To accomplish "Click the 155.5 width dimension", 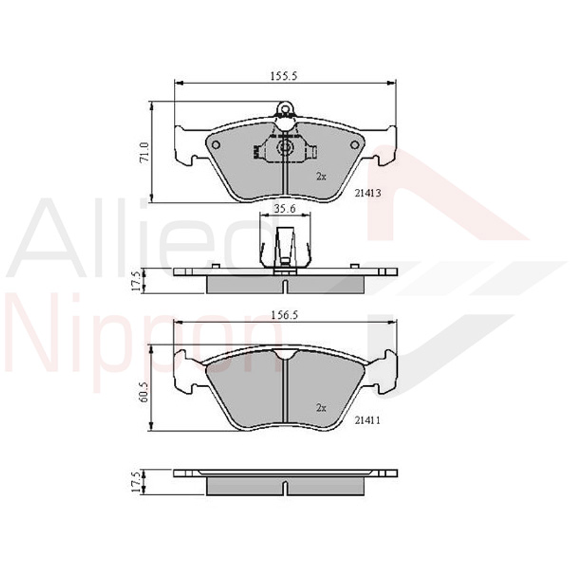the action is [x=284, y=76].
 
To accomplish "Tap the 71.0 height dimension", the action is [x=144, y=152].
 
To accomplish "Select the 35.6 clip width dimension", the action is [x=285, y=209].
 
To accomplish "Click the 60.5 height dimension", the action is [x=144, y=392].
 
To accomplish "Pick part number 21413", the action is [x=368, y=193].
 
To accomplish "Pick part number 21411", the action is [x=368, y=420].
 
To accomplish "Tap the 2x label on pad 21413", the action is [x=321, y=176].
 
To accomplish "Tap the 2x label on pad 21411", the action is [x=321, y=408].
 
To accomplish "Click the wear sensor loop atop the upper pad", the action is [x=284, y=108].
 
